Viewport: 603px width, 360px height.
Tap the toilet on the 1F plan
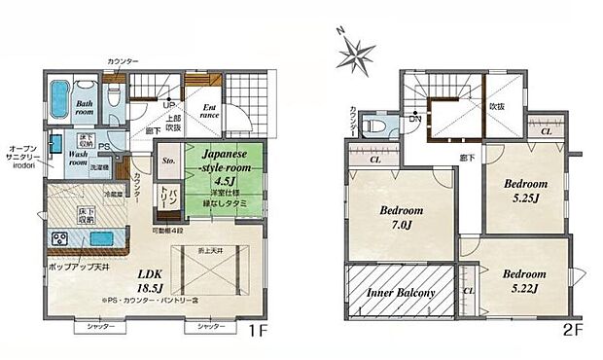point(114,97)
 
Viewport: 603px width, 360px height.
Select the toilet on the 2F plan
point(373,126)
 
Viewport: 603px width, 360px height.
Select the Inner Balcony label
point(399,292)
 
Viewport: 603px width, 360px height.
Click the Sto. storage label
point(169,162)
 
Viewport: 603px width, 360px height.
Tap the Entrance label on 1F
point(211,112)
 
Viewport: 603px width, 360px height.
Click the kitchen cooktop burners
point(57,239)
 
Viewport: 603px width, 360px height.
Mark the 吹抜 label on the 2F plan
point(496,105)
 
